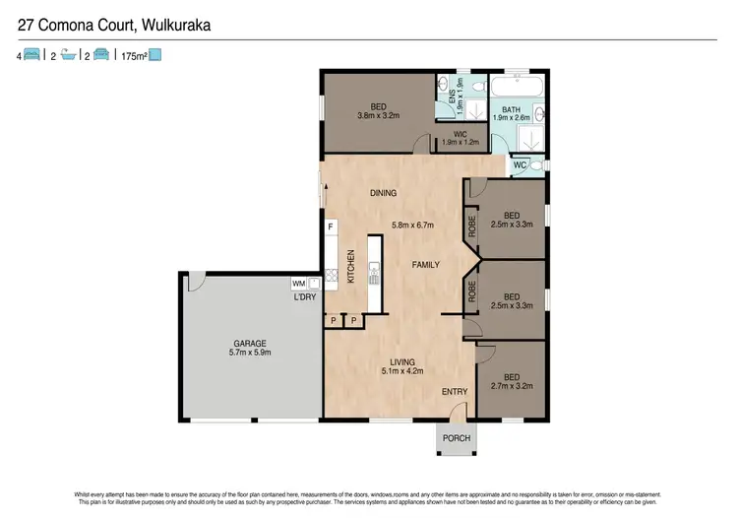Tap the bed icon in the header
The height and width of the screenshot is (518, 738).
tap(34, 56)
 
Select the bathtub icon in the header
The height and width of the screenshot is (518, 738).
tap(68, 56)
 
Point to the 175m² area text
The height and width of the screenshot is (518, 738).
tap(133, 56)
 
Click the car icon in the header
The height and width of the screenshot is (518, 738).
tap(100, 56)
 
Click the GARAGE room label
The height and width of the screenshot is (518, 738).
tap(251, 343)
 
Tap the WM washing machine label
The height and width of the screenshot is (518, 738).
tap(298, 284)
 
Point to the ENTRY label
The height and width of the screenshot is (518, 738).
tap(454, 392)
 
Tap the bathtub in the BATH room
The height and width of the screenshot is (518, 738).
tap(519, 93)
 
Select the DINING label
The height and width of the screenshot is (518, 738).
tap(384, 193)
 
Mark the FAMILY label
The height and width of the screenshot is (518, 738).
tap(425, 264)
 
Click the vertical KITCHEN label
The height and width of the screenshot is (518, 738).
tap(350, 269)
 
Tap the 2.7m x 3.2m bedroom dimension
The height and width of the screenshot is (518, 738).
tap(512, 386)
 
